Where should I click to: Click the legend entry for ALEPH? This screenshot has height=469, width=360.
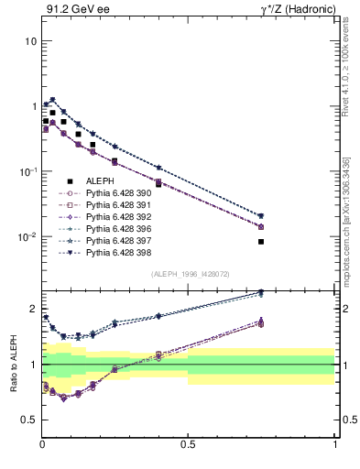[x=100, y=181]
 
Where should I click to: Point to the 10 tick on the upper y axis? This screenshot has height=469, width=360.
[x=30, y=42]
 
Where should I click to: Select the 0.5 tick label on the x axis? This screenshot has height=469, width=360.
[x=189, y=444]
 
